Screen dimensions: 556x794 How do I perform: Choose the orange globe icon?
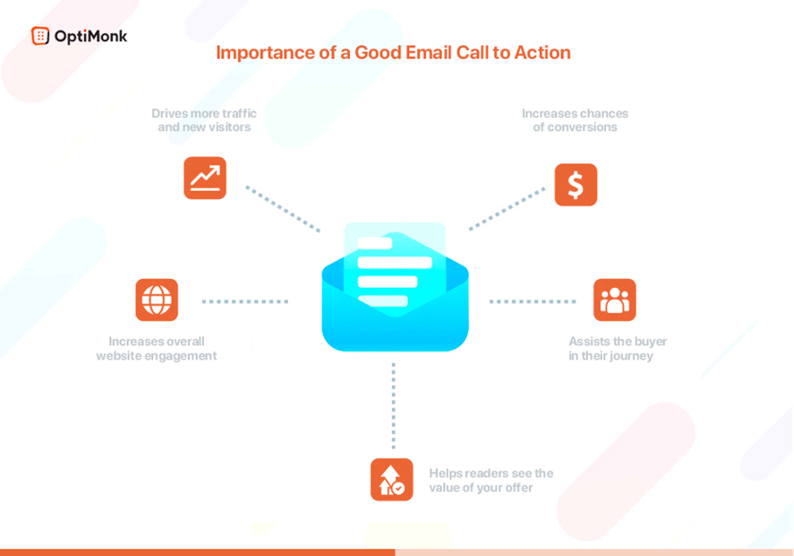157,300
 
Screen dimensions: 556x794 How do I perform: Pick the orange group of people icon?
615,300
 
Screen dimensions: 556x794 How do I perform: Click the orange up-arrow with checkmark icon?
391,479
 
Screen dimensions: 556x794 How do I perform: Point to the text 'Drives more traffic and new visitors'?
204,120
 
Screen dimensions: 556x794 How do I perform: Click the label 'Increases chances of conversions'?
575,120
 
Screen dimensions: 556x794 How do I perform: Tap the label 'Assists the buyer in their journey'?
617,348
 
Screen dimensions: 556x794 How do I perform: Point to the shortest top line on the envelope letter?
374,243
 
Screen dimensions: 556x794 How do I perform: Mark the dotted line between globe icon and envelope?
245,302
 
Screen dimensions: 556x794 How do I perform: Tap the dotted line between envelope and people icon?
533,302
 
